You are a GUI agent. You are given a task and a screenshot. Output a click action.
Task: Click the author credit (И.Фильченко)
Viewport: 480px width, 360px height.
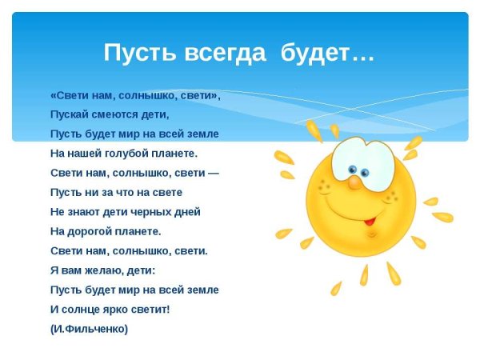pos(89,329)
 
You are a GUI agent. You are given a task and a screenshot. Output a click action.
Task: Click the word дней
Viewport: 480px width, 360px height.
pos(185,212)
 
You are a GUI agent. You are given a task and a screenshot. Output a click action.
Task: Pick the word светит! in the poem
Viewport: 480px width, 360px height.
pos(152,309)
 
